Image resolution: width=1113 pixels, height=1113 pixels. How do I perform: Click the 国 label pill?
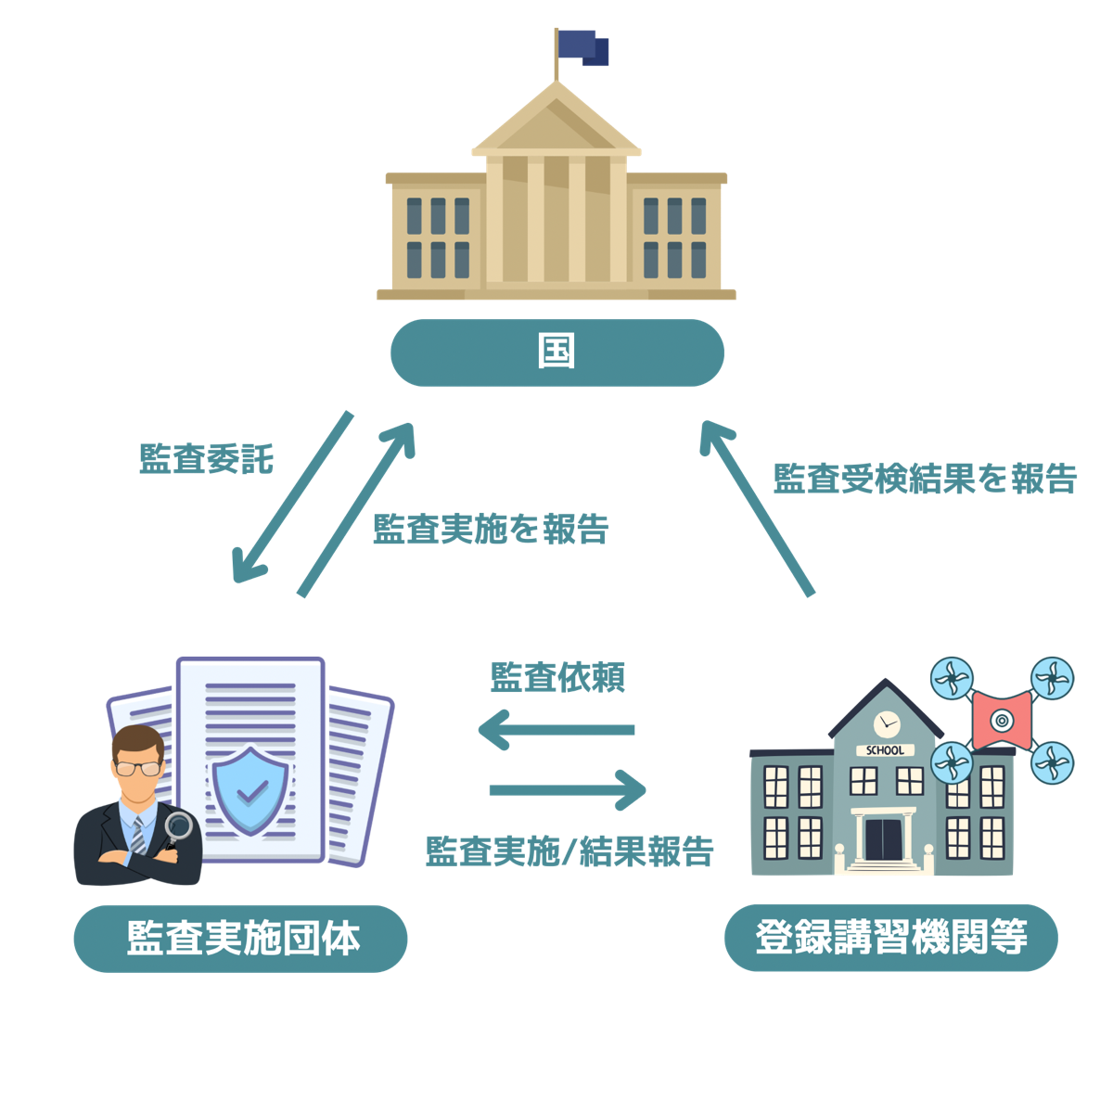click(556, 353)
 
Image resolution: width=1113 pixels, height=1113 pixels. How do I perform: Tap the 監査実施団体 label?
click(241, 939)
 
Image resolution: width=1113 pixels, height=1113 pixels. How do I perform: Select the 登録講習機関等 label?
click(890, 938)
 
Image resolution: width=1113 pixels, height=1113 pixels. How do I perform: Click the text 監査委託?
click(206, 459)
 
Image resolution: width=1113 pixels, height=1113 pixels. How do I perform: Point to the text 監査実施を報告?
click(491, 529)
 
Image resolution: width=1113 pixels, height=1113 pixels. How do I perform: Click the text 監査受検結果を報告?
click(925, 479)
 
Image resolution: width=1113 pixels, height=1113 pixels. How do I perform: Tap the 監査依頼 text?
click(557, 678)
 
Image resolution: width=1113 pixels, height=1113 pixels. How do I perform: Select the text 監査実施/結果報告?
click(569, 851)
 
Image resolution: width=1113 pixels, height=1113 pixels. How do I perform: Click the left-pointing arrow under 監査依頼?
click(556, 730)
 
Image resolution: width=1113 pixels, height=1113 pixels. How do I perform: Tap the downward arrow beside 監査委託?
click(292, 499)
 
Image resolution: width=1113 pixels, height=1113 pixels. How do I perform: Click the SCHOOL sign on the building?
click(884, 750)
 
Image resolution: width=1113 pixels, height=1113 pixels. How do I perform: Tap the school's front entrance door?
click(883, 839)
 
